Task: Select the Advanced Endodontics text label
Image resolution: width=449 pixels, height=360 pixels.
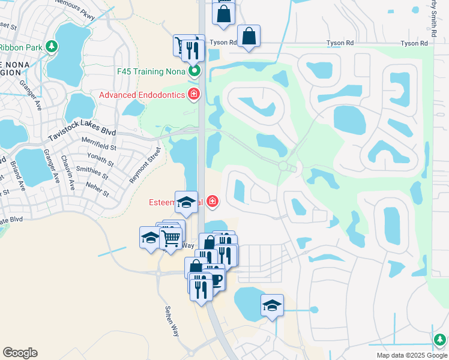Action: pyautogui.click(x=142, y=95)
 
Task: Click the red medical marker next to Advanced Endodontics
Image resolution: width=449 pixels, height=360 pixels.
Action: pyautogui.click(x=193, y=94)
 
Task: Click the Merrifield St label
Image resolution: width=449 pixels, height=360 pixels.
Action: pyautogui.click(x=100, y=146)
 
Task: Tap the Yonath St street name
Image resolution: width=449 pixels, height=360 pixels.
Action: pyautogui.click(x=100, y=159)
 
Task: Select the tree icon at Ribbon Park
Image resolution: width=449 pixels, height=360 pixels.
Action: pyautogui.click(x=52, y=46)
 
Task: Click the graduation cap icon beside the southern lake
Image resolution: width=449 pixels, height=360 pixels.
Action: pyautogui.click(x=272, y=305)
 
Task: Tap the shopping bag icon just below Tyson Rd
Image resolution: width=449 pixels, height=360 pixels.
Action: pyautogui.click(x=249, y=35)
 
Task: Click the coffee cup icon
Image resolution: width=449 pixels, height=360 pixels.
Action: pyautogui.click(x=215, y=280)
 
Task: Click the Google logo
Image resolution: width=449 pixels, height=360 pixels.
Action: pyautogui.click(x=20, y=353)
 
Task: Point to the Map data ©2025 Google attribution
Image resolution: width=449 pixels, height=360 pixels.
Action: pyautogui.click(x=411, y=355)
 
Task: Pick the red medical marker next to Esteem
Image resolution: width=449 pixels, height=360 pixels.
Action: pyautogui.click(x=212, y=201)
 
